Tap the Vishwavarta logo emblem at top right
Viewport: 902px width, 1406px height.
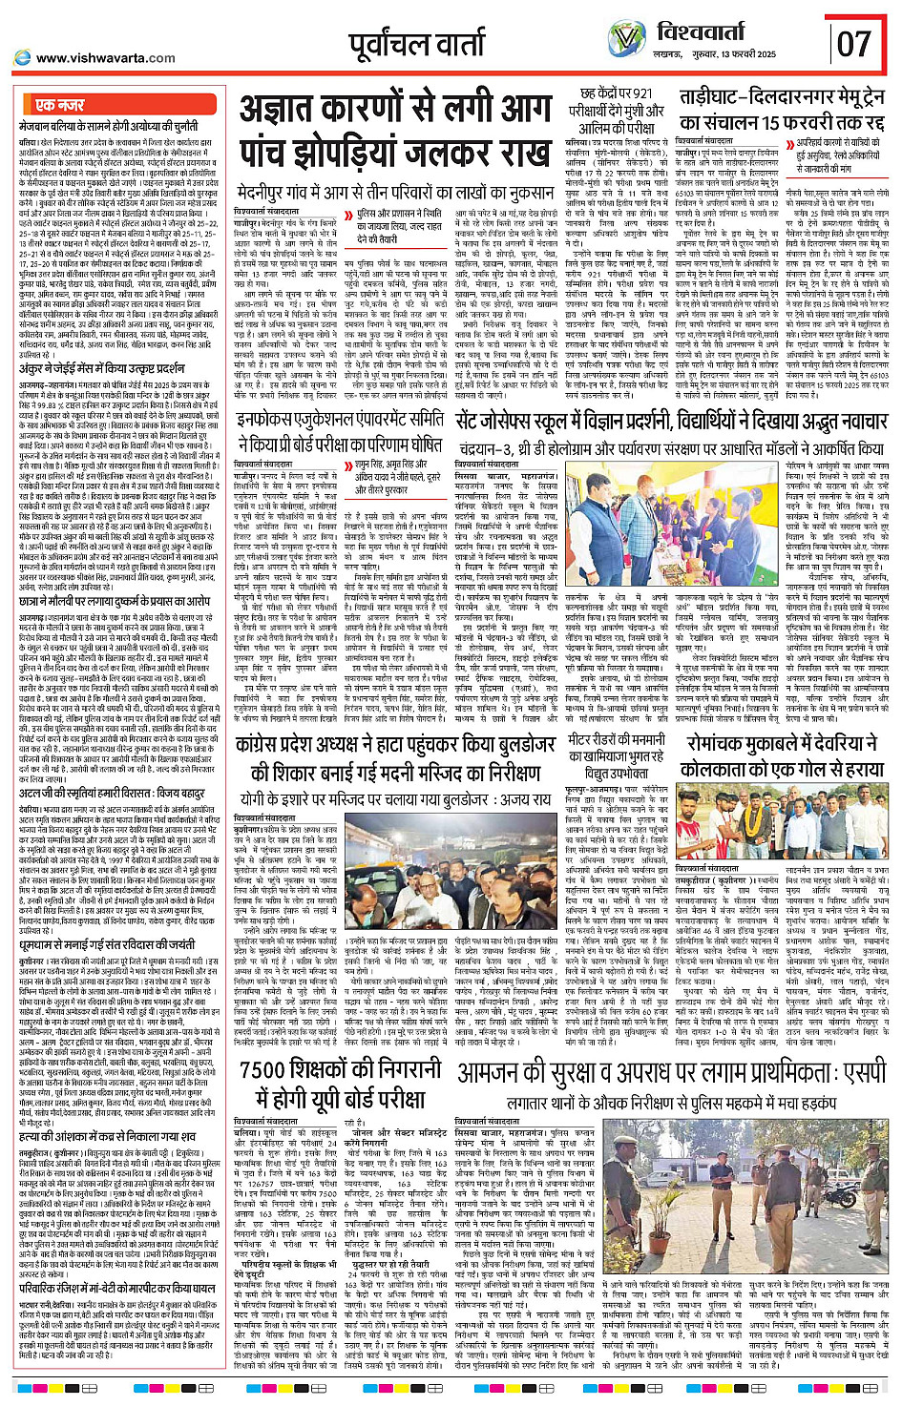coord(627,39)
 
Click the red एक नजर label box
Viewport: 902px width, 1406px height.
coord(59,105)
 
